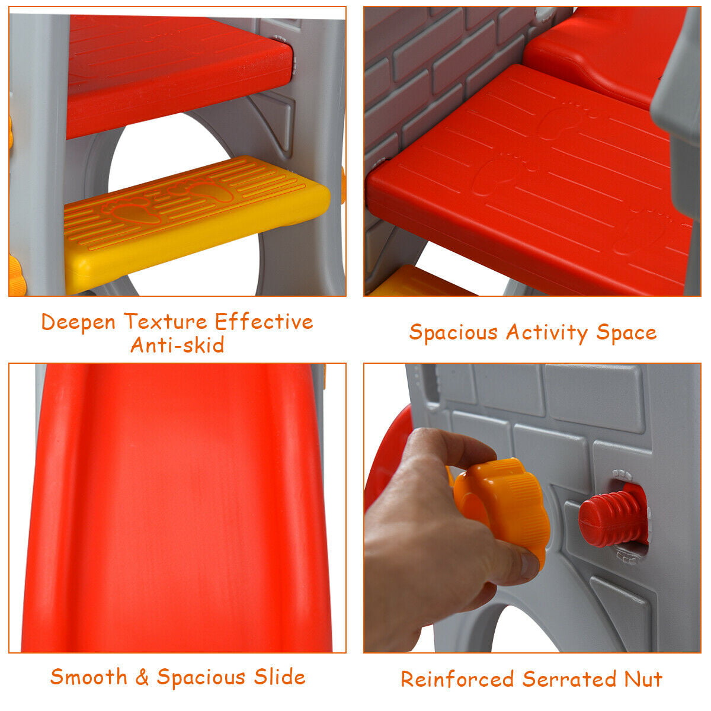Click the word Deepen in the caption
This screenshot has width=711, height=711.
coord(78,322)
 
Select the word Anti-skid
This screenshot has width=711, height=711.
coord(178,345)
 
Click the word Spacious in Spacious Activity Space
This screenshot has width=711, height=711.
coord(453,332)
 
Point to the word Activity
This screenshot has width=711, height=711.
coord(547,332)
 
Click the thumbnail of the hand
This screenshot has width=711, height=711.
coord(525,562)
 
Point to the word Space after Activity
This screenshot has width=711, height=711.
coord(626,333)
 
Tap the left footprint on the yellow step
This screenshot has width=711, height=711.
coord(132,211)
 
